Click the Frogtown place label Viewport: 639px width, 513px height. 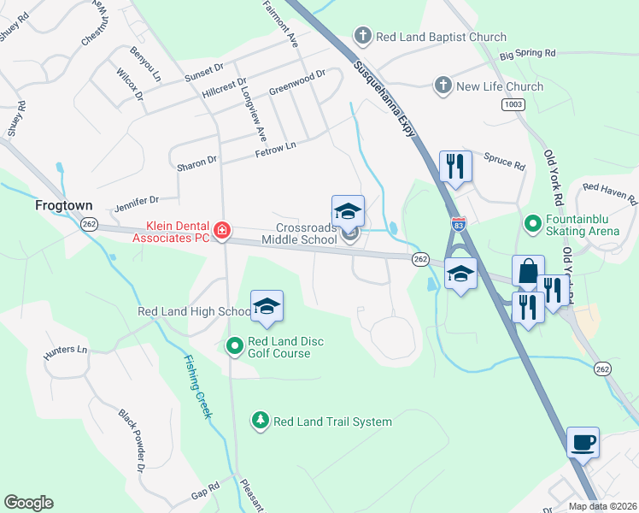tap(62, 206)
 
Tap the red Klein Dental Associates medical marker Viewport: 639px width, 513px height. tap(221, 230)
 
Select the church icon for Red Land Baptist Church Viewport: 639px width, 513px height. tap(362, 37)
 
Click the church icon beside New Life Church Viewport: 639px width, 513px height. tap(443, 85)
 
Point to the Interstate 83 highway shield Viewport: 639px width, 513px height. tap(458, 222)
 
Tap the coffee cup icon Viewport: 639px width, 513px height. tap(583, 443)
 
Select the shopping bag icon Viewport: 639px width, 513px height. tap(528, 271)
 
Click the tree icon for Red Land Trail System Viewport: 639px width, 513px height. tap(261, 421)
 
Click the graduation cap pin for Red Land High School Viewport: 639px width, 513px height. tap(267, 307)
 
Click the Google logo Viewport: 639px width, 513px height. tap(28, 503)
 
